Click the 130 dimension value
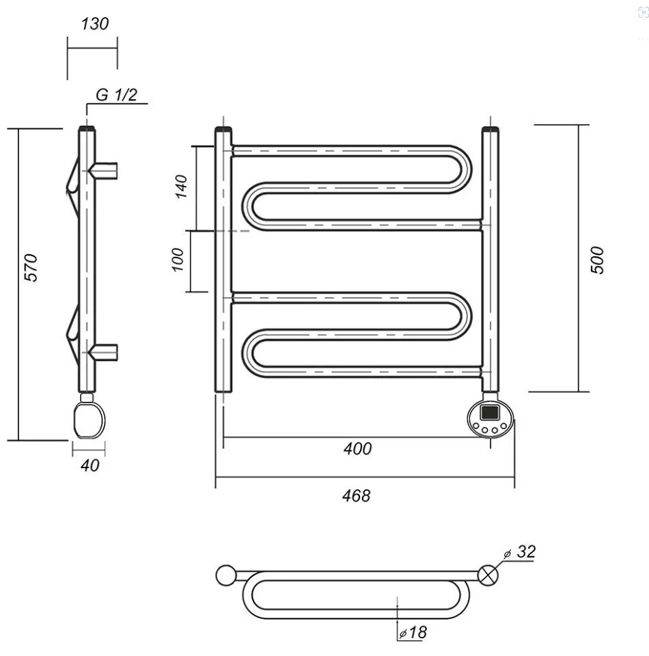[x=94, y=24]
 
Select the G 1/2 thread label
[x=116, y=94]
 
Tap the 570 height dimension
[x=31, y=268]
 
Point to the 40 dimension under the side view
[x=90, y=465]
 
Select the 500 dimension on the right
[x=597, y=260]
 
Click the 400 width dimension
[x=357, y=449]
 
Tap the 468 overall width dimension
[x=357, y=495]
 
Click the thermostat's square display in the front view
[x=490, y=412]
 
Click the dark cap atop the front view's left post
[x=224, y=129]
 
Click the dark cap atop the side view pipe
[x=87, y=128]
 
